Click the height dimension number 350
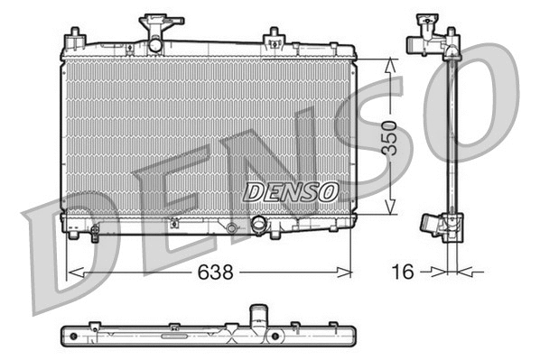tap(389, 137)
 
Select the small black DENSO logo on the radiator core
tap(292, 191)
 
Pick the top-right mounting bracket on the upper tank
tap(273, 38)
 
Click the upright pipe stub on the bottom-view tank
tap(260, 317)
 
